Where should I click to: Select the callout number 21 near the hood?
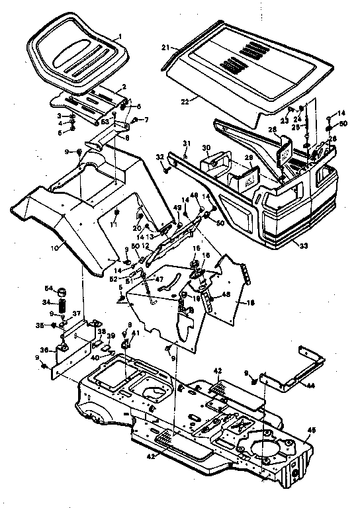(x=167, y=48)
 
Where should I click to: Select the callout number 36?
(x=44, y=351)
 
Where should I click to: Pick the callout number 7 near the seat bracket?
(x=147, y=120)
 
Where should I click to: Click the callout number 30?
(x=205, y=148)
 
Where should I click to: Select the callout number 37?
(x=76, y=314)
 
